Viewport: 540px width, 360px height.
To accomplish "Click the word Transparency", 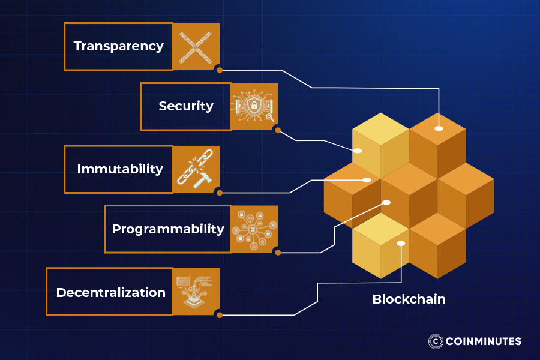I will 118,46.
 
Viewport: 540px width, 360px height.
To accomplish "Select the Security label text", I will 186,106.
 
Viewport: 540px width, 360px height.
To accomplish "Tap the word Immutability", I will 120,169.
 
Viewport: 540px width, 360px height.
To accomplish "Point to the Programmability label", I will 168,229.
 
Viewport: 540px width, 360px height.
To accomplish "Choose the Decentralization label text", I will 111,293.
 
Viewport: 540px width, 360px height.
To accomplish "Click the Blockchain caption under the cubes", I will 409,299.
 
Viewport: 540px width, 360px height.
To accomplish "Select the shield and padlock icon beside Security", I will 254,106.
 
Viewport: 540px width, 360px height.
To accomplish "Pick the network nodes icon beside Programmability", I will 254,229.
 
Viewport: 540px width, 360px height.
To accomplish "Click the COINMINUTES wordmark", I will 483,341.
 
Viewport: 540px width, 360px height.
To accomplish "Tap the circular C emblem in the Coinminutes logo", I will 436,341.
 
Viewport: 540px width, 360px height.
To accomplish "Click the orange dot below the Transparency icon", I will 220,70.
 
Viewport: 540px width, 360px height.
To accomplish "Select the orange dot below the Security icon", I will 278,130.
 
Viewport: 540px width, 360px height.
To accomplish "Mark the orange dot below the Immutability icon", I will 220,193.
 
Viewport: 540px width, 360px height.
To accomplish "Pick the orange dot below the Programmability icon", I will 278,252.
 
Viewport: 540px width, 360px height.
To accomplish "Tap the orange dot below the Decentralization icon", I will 220,314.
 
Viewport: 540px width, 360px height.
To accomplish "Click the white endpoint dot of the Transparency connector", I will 439,128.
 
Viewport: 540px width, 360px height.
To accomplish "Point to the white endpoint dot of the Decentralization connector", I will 401,244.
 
